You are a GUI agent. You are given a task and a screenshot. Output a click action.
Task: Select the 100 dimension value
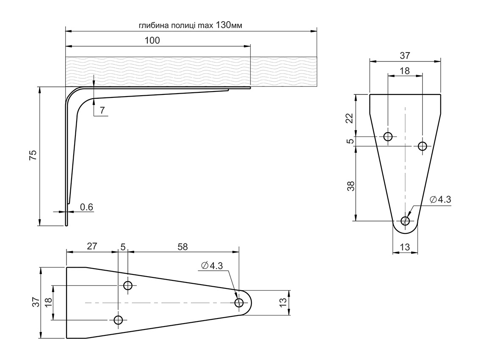[152, 41]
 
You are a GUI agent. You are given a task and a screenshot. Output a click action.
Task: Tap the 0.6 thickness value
[86, 207]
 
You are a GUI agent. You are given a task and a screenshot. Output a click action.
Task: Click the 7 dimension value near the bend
[102, 111]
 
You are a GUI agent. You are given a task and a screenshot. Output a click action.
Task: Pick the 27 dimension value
[92, 246]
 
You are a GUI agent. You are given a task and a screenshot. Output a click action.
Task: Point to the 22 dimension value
[350, 118]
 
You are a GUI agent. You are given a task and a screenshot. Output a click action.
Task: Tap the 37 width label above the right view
[405, 55]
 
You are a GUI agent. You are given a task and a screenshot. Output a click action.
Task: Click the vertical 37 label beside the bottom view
[36, 302]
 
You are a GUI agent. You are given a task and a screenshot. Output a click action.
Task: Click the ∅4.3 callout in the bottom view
[212, 266]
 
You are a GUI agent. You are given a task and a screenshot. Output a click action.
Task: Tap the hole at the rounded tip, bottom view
[239, 302]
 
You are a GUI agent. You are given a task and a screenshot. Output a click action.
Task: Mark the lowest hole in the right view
[405, 221]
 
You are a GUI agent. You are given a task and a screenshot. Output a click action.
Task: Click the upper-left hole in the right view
[388, 136]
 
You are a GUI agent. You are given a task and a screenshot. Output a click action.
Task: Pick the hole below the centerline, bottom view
[118, 320]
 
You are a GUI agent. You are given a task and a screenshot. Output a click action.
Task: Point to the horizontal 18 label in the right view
[405, 71]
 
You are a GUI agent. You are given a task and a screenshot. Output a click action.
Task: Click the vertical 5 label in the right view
[350, 141]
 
